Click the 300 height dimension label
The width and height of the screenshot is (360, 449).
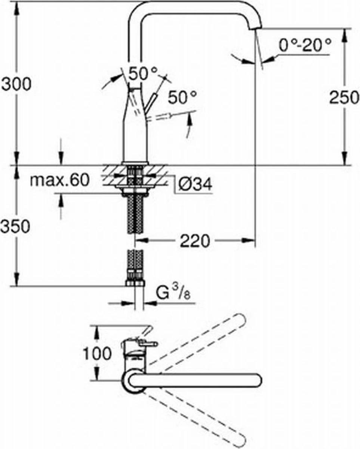16,84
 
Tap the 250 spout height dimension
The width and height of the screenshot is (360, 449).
344,97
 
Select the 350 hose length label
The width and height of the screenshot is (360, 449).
15,226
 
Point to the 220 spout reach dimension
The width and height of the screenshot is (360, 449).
195,241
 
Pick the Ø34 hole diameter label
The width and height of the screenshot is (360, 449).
194,184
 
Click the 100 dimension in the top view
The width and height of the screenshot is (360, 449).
97,353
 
